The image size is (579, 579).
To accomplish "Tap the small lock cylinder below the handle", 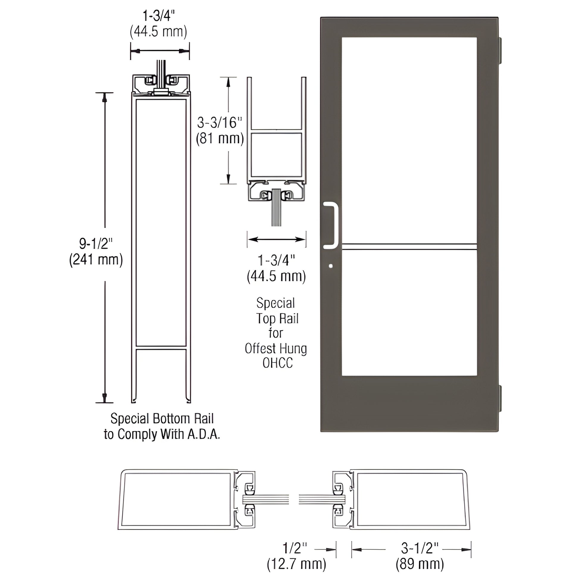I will click(331, 266).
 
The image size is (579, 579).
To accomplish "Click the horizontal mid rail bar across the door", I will click(409, 247).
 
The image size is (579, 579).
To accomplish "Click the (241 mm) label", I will click(96, 259).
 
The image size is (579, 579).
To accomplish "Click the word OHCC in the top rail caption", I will click(278, 363).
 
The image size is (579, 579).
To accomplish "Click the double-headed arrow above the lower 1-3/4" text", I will click(277, 239).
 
